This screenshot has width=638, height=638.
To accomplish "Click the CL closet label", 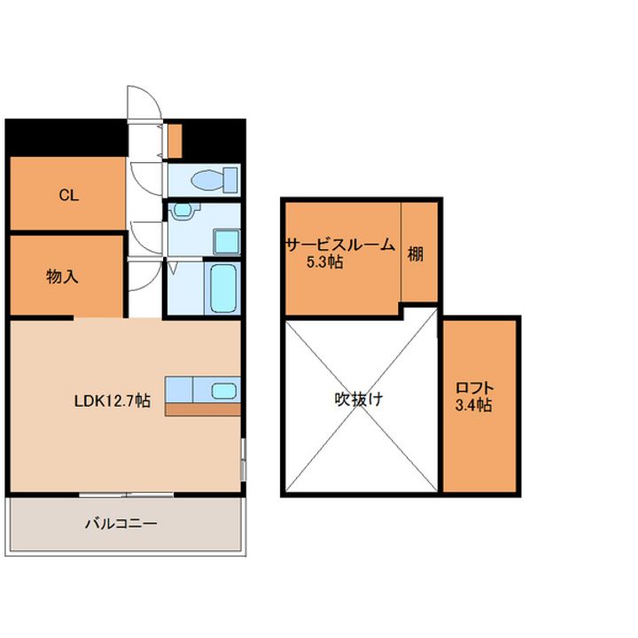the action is click(69, 195).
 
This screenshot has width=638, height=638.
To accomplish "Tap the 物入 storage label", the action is click(62, 276).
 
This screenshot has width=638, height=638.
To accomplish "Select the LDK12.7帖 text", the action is click(113, 401).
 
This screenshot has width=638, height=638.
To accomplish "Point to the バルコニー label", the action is click(121, 524).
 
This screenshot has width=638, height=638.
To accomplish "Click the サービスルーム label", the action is click(340, 245).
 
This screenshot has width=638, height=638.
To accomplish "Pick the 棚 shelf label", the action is click(416, 254).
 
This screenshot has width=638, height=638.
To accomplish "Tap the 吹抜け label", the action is click(359, 399).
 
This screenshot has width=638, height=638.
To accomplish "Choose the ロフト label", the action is click(474, 387).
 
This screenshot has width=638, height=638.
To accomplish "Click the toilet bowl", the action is click(207, 180).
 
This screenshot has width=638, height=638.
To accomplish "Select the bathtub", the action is click(223, 288).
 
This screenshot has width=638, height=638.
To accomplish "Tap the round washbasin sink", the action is click(183, 210).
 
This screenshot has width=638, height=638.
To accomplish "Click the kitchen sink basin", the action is click(224, 391).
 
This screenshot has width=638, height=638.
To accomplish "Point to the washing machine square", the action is click(227, 242).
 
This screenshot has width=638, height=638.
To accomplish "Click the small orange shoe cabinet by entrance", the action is click(175, 141).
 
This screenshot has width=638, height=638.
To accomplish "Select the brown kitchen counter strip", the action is click(203, 409).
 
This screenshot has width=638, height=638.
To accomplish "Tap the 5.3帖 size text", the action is click(324, 262).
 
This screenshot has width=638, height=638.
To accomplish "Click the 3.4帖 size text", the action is click(473, 405).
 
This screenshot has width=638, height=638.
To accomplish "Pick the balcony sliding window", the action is click(127, 494).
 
